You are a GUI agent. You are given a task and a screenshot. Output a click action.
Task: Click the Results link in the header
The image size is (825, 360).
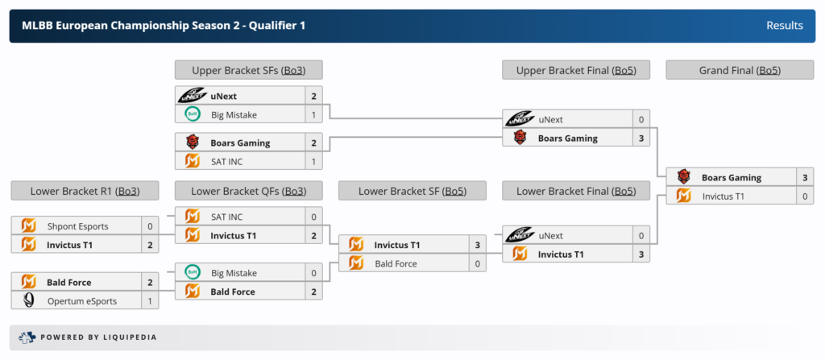click(785, 26)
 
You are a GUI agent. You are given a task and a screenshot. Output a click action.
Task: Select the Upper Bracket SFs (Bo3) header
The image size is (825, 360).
click(248, 70)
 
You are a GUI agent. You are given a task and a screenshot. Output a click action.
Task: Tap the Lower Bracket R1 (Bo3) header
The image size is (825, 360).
click(85, 191)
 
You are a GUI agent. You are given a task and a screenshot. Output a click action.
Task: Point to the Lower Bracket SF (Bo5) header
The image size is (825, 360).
click(412, 191)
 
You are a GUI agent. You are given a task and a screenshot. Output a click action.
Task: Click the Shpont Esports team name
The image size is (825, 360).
click(77, 226)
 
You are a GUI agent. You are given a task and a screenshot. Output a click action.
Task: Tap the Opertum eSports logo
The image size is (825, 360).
click(29, 301)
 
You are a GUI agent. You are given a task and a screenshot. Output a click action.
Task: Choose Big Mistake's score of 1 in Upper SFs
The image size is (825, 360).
click(313, 114)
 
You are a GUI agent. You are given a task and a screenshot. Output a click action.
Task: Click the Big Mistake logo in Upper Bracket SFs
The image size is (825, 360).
click(192, 114)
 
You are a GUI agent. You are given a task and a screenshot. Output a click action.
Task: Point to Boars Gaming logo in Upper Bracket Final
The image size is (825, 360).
click(520, 138)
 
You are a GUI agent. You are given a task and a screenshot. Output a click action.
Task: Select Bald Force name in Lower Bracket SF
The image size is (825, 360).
click(396, 263)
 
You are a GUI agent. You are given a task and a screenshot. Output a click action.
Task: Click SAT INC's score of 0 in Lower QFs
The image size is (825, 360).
click(313, 217)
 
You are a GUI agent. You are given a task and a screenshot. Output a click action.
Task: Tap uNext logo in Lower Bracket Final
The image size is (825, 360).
click(520, 236)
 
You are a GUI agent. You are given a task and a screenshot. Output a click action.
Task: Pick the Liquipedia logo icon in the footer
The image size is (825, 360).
click(27, 337)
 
